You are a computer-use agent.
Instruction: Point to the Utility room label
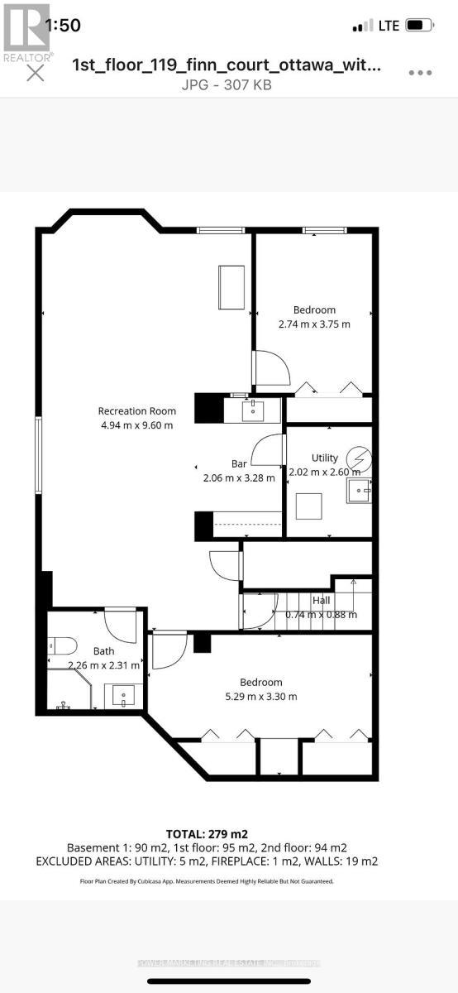pyautogui.click(x=324, y=458)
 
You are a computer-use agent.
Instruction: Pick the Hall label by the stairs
pyautogui.click(x=321, y=601)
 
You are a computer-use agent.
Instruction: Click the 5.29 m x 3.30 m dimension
pyautogui.click(x=261, y=696)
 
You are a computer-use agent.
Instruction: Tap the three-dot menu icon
pyautogui.click(x=420, y=73)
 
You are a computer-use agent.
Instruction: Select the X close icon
pyautogui.click(x=36, y=74)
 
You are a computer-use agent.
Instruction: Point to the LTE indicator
pyautogui.click(x=389, y=26)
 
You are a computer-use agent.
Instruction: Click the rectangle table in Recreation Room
pyautogui.click(x=231, y=287)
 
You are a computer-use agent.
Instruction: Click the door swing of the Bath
pyautogui.click(x=122, y=626)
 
